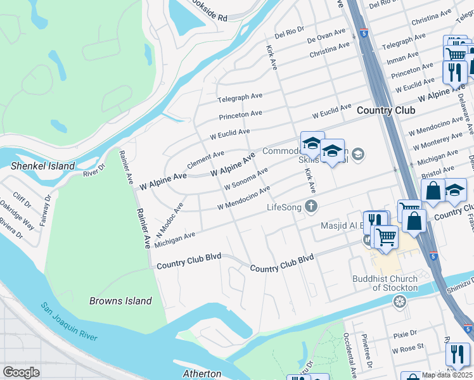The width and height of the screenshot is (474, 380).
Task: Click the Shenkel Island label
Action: [x=42, y=166]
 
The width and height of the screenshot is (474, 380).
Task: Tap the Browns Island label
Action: [x=120, y=301]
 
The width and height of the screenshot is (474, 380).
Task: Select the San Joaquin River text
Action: [x=70, y=322]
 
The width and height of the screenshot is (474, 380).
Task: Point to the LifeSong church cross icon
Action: [x=311, y=206]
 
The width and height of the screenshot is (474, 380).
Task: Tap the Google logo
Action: [x=21, y=372]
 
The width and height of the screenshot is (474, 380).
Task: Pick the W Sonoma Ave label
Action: [x=246, y=178]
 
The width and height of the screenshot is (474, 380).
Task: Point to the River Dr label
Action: [x=93, y=171]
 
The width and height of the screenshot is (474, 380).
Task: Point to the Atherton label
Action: [x=202, y=374]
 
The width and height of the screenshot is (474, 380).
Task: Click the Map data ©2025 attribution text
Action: [x=447, y=375]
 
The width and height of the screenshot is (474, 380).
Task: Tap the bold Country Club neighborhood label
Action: [x=385, y=110]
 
